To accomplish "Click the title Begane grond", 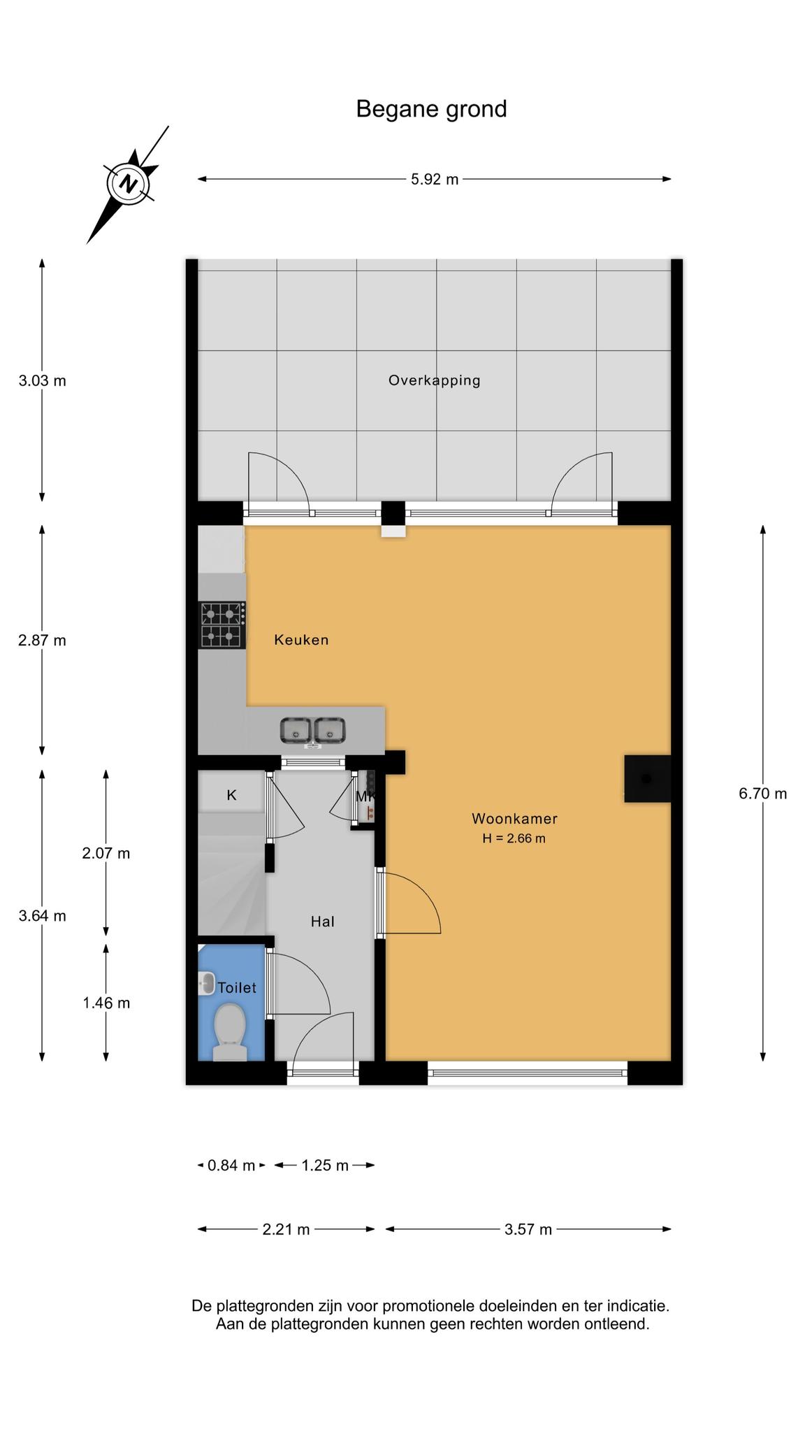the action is tap(431, 109).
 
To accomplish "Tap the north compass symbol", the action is tap(128, 185).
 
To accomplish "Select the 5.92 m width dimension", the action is tap(435, 179).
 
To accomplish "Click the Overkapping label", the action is tap(435, 380).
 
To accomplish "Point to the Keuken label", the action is tap(301, 640).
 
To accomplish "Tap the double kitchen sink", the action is tap(312, 731).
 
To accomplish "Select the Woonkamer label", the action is tap(514, 818).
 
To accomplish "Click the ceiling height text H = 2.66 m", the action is tap(514, 838).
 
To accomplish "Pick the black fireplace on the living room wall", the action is tap(647, 778).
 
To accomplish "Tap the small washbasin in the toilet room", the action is tap(206, 984).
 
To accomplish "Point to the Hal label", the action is tap(323, 922).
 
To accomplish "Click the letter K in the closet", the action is tap(231, 795).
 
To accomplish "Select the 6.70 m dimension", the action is tap(763, 794).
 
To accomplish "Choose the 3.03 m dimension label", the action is tap(42, 381).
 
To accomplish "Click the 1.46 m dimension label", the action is tap(106, 1003).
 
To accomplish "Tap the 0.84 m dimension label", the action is tap(231, 1165).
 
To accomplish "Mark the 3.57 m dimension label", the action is tap(528, 1229).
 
